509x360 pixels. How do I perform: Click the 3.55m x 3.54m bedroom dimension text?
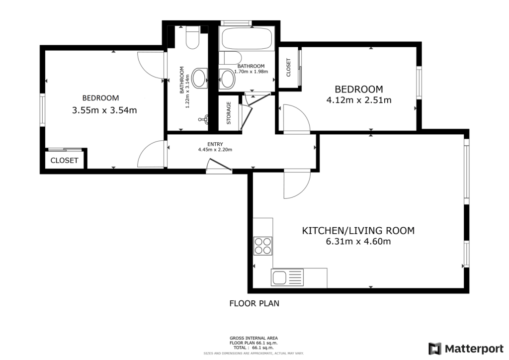(104, 110)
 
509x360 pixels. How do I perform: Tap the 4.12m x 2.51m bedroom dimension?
(358, 100)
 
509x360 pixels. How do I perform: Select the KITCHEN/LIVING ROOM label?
(358, 231)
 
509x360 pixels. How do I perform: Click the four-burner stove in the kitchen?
(263, 245)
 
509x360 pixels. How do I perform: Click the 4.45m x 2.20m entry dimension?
(215, 150)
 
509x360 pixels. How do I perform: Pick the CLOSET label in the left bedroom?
(65, 161)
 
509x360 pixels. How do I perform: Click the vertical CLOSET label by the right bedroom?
(288, 68)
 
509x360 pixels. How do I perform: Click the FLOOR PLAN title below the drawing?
(254, 303)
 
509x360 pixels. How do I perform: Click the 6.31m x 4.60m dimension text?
(358, 242)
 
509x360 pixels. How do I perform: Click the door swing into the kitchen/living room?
(296, 185)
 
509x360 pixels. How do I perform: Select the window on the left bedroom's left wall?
(43, 109)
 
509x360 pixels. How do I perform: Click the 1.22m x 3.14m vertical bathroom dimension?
(188, 95)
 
